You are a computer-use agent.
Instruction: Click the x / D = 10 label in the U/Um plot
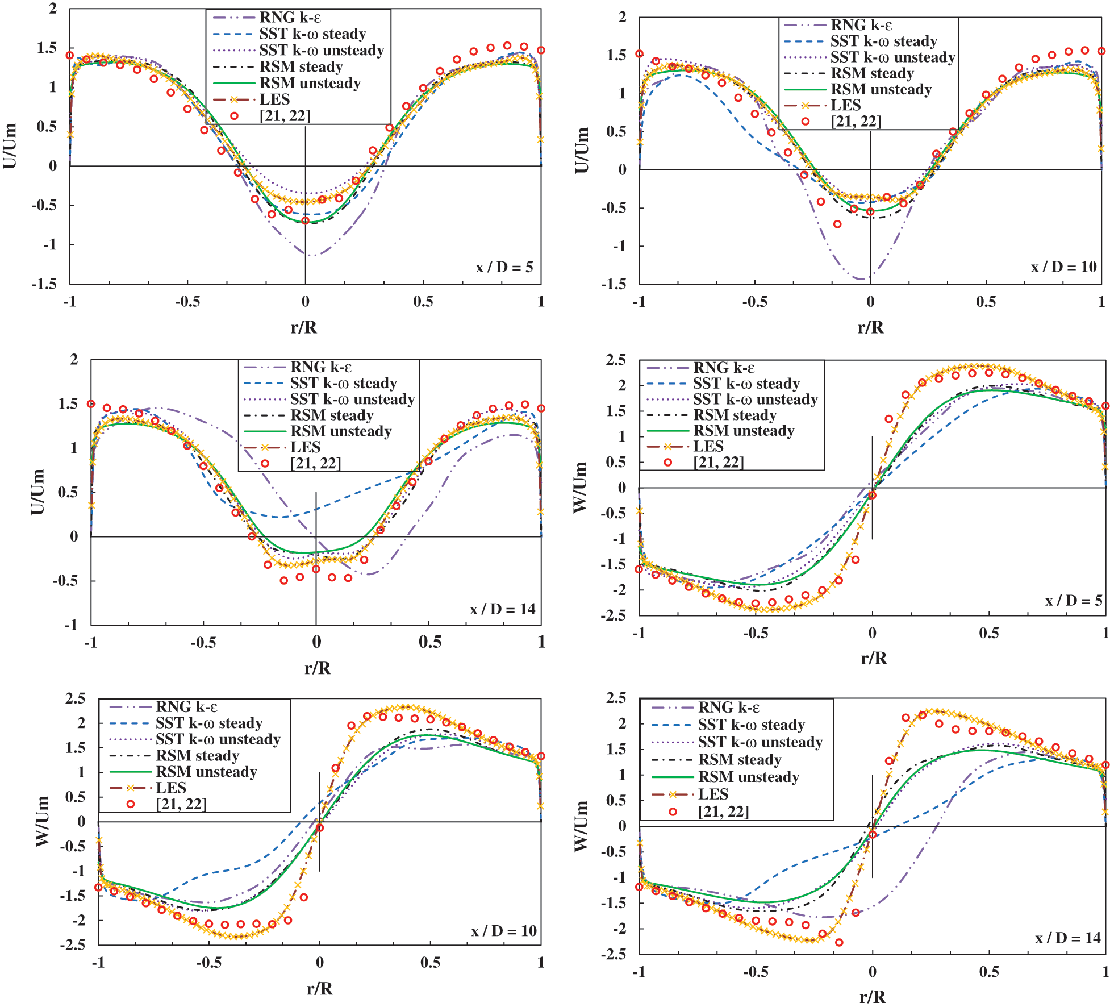(x=1063, y=267)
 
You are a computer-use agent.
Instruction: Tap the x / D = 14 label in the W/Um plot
(x=1067, y=938)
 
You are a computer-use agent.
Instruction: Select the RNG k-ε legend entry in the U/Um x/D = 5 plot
(x=290, y=18)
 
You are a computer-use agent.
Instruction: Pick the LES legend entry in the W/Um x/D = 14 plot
(x=713, y=794)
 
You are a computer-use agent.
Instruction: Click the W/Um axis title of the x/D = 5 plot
(x=580, y=487)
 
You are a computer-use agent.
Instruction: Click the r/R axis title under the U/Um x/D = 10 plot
(x=870, y=327)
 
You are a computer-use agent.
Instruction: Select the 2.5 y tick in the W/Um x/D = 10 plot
(x=75, y=698)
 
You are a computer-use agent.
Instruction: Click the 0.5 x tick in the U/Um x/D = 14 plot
(x=429, y=642)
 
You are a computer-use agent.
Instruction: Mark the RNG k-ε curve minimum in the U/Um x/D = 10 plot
(x=863, y=279)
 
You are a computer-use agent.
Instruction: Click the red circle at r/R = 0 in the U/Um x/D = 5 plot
(x=306, y=220)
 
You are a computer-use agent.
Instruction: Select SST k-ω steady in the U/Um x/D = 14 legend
(x=343, y=383)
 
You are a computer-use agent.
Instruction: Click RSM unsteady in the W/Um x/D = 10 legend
(x=206, y=772)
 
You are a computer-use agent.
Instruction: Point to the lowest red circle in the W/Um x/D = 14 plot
(x=839, y=942)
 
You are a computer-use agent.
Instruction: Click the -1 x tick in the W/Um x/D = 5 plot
(x=639, y=633)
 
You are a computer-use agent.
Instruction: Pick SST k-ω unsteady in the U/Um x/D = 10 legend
(x=892, y=57)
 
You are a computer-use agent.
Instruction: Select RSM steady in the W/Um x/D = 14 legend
(x=740, y=760)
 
